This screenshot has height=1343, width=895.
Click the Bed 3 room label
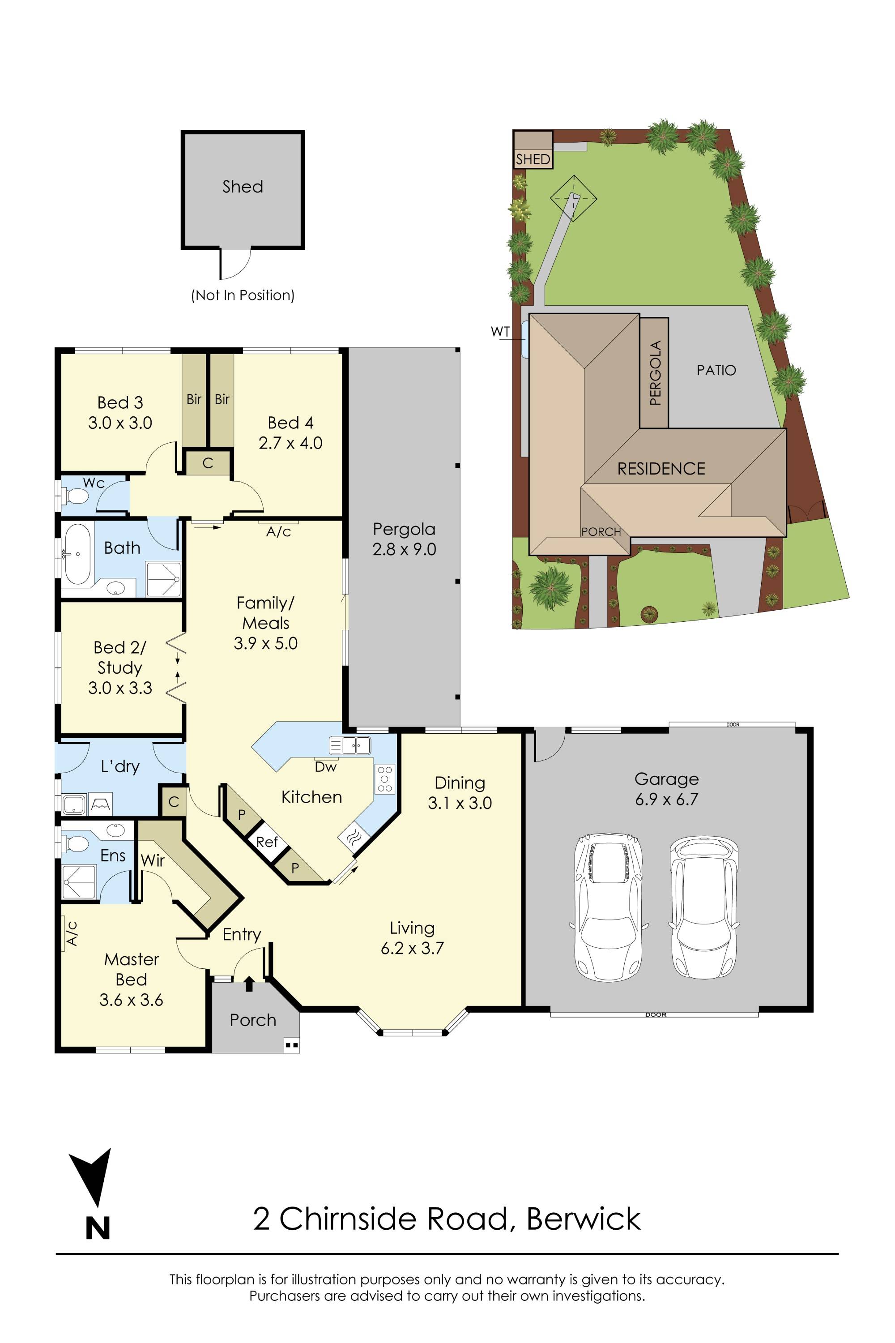[x=120, y=412]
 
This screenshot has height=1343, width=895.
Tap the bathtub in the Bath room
[x=77, y=553]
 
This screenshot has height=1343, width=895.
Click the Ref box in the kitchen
[x=267, y=842]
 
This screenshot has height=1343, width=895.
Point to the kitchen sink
[x=350, y=745]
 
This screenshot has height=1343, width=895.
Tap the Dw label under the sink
[x=325, y=767]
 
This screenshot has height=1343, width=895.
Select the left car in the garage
[x=609, y=907]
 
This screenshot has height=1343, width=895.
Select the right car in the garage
[x=705, y=907]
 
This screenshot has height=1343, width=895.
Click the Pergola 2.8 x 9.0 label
[x=404, y=539]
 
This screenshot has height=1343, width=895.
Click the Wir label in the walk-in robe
[x=153, y=860]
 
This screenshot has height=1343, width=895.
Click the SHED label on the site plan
[x=533, y=159]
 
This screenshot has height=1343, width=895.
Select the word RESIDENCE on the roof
[x=661, y=469]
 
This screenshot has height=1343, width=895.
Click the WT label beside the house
[x=500, y=332]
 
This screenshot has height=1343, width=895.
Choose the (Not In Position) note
[x=243, y=295]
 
